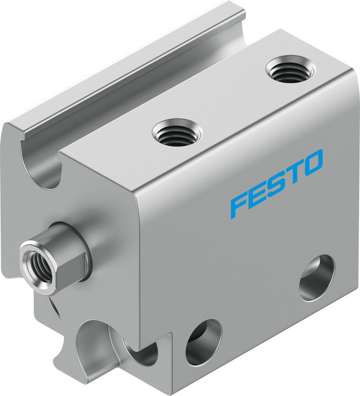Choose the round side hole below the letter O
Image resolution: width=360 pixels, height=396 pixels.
tap(316, 277)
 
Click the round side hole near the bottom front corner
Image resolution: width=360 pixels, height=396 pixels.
tap(204, 341)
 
